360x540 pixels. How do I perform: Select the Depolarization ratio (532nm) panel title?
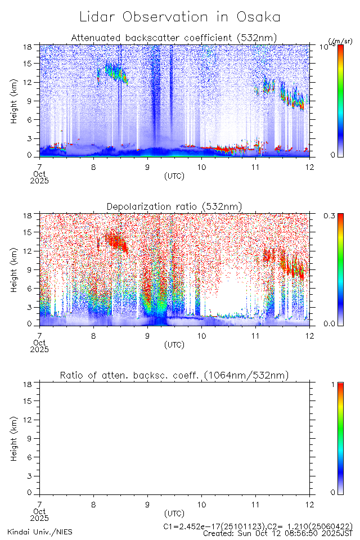(x=174, y=207)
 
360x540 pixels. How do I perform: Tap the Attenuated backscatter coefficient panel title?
(x=174, y=38)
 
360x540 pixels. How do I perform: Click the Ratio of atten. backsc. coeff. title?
(x=174, y=376)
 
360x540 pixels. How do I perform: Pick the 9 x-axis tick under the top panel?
(x=147, y=167)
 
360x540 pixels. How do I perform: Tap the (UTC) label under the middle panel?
(x=174, y=345)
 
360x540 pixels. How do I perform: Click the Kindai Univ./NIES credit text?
(x=39, y=531)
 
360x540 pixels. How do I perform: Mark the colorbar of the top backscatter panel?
(x=341, y=101)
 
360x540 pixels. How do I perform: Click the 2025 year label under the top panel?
(x=39, y=181)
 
